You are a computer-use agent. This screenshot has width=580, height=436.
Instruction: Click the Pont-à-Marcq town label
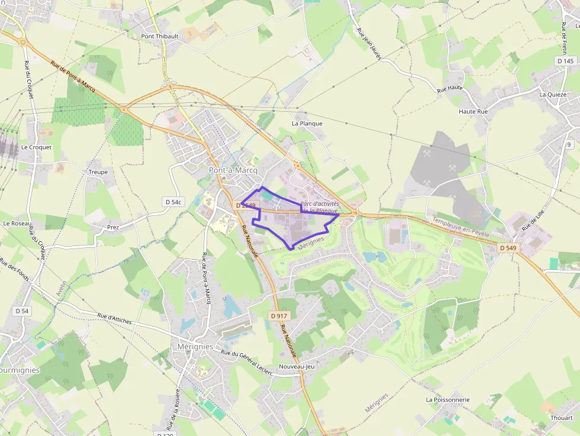tap(233, 170)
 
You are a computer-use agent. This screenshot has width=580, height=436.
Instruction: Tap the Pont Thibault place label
tap(160, 36)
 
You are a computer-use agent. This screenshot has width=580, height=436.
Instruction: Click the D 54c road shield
tap(173, 202)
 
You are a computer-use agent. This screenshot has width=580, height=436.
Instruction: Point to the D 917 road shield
tap(279, 316)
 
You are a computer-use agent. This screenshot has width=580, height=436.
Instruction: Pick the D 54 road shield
tap(22, 311)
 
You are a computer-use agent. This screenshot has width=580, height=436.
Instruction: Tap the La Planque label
tap(307, 124)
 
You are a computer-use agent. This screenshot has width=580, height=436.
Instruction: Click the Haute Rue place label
tap(473, 111)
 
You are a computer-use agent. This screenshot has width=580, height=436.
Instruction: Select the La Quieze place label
tap(553, 95)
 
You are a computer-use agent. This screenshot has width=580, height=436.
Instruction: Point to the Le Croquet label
tap(36, 147)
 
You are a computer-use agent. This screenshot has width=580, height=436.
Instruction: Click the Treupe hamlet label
tap(98, 172)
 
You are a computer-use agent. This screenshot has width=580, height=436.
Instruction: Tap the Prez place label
tap(113, 227)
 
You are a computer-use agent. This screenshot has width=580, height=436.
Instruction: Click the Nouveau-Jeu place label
tap(296, 367)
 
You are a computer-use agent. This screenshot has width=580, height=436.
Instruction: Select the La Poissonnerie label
tap(447, 400)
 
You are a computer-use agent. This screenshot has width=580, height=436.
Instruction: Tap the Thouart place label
tap(561, 418)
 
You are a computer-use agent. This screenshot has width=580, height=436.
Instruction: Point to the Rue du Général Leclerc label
tap(246, 361)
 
